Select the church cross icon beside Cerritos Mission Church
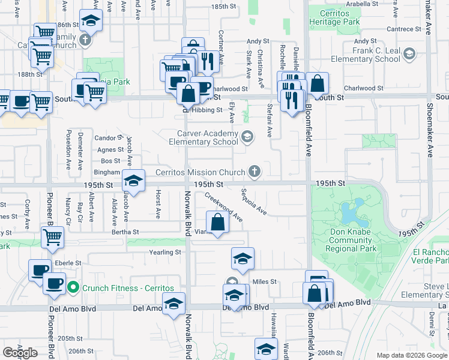pyautogui.click(x=255, y=172)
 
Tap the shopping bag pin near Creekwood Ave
pyautogui.click(x=218, y=222)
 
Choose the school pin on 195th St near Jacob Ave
pyautogui.click(x=133, y=180)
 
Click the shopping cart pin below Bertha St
pyautogui.click(x=52, y=238)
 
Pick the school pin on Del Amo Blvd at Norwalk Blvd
pyautogui.click(x=174, y=304)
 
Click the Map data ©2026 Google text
pyautogui.click(x=411, y=355)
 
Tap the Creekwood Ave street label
pyautogui.click(x=223, y=207)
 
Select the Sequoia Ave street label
pyautogui.click(x=254, y=202)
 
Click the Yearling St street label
pyautogui.click(x=165, y=253)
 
